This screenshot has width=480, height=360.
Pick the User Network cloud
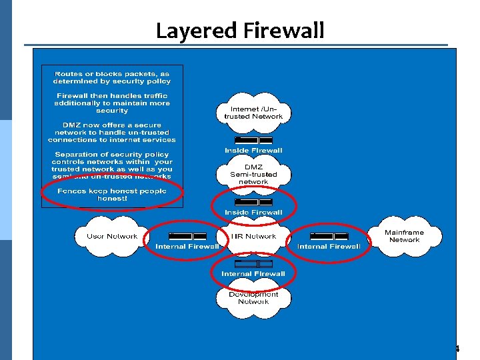pyautogui.click(x=111, y=237)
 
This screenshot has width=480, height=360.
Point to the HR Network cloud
pyautogui.click(x=253, y=237)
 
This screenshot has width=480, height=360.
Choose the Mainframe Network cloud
pyautogui.click(x=404, y=237)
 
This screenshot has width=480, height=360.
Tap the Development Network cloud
pyautogui.click(x=253, y=298)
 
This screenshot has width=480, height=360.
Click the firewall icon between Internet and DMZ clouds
pyautogui.click(x=253, y=141)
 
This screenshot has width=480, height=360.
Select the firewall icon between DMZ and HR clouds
pyautogui.click(x=253, y=202)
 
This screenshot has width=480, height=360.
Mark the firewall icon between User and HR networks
pyautogui.click(x=187, y=236)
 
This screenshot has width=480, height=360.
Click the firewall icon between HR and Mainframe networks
pyautogui.click(x=329, y=236)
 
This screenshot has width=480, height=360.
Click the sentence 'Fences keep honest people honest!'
pyautogui.click(x=112, y=195)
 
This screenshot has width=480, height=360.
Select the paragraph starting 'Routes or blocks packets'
pyautogui.click(x=112, y=77)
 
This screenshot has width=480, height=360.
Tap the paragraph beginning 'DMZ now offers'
pyautogui.click(x=112, y=133)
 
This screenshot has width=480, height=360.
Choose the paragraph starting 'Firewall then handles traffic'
pyautogui.click(x=112, y=103)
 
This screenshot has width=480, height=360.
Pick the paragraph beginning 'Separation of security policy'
pyautogui.click(x=112, y=165)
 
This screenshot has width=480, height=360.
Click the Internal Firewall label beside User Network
pyautogui.click(x=187, y=246)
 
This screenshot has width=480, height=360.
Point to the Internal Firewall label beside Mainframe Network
pyautogui.click(x=329, y=246)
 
